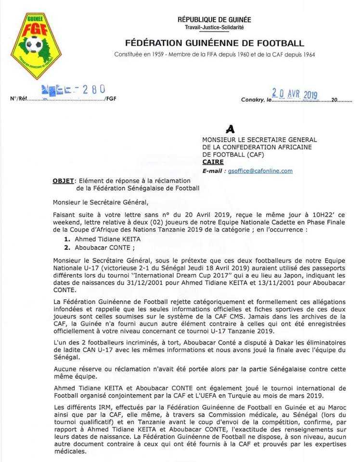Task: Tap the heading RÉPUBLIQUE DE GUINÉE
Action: tap(214, 20)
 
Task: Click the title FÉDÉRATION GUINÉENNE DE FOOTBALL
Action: tap(215, 43)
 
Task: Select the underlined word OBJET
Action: tap(63, 180)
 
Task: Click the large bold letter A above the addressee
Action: tap(231, 129)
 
